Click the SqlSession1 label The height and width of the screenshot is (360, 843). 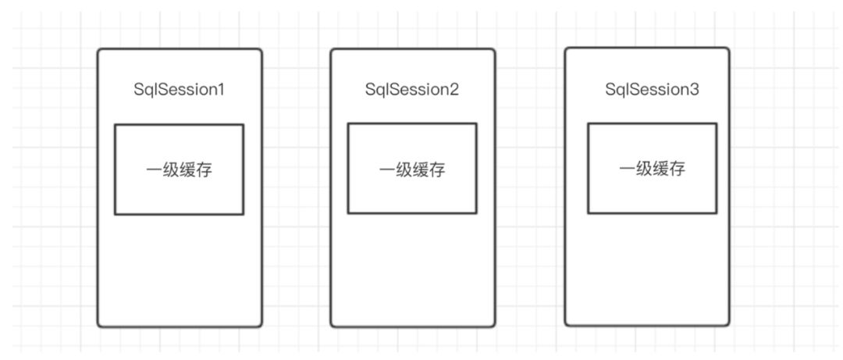(180, 90)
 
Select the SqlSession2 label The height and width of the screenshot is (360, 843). (412, 90)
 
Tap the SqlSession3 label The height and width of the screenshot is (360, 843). (653, 90)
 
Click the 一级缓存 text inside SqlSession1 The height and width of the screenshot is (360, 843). (180, 170)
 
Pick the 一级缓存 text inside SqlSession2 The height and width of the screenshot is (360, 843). (412, 170)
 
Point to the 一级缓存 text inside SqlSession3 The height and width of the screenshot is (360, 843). (653, 169)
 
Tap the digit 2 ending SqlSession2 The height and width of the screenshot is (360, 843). (454, 90)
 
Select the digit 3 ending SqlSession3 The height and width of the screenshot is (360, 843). (695, 90)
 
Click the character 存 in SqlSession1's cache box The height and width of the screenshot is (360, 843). (204, 170)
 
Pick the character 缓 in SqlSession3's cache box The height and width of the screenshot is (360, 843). (661, 169)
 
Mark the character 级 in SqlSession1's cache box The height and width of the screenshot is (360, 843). (171, 170)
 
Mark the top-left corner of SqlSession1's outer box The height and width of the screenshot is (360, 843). (98, 50)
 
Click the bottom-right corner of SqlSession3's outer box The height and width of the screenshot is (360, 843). (728, 324)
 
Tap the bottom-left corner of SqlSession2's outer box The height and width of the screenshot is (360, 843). (331, 326)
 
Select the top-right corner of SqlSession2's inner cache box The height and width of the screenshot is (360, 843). (476, 124)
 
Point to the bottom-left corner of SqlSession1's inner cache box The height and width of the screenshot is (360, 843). (115, 213)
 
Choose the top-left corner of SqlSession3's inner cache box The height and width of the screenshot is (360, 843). (588, 123)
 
